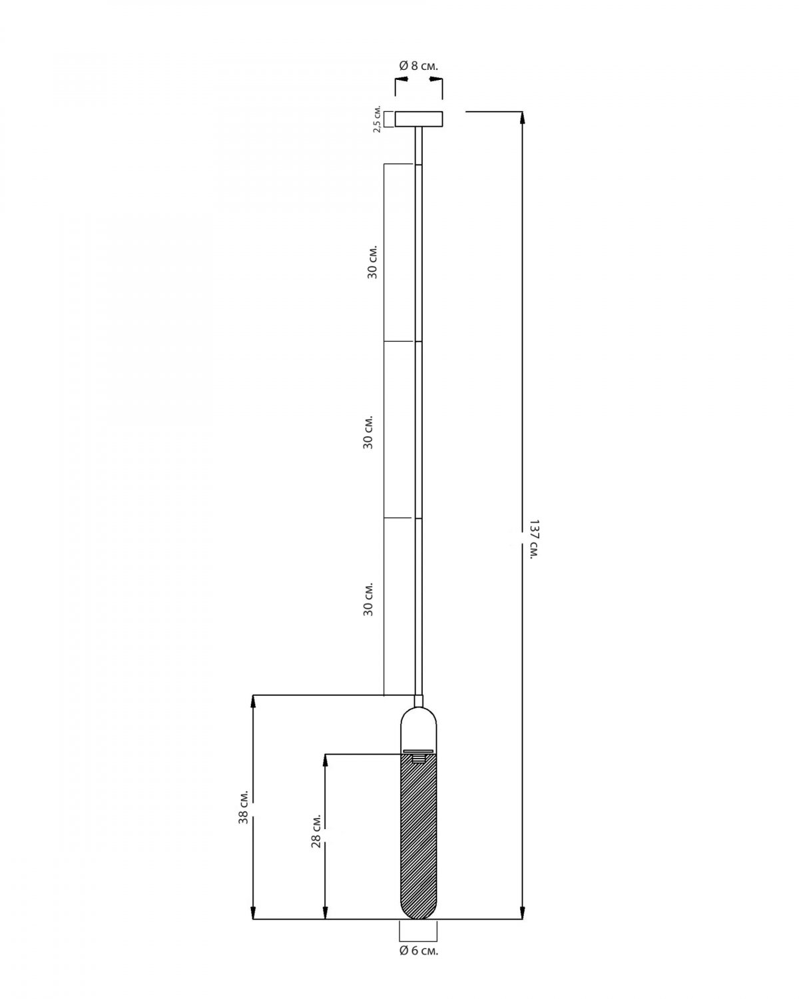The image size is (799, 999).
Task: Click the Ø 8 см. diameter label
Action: coord(418,66)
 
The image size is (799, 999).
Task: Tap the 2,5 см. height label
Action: coord(378,119)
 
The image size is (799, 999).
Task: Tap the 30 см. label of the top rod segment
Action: coord(372,261)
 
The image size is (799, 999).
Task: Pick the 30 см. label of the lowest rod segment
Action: coord(368,598)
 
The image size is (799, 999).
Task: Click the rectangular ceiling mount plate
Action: coord(418,119)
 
